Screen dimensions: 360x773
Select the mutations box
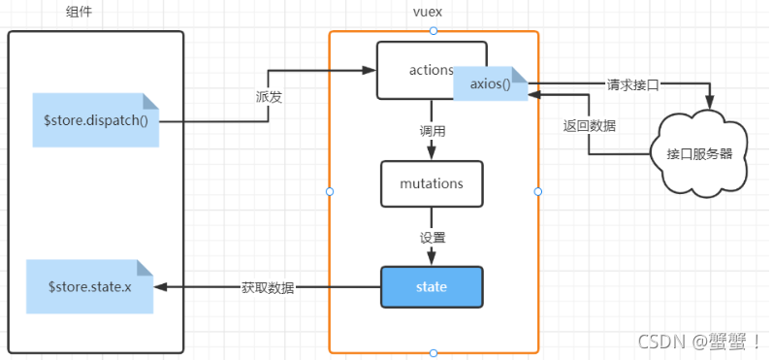[x=432, y=183]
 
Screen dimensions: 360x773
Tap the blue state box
[x=432, y=287]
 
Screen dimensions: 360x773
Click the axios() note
[x=491, y=84]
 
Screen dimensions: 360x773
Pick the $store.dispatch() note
[x=95, y=120]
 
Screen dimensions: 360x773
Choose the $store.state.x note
[x=89, y=287]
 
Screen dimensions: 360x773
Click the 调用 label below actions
[x=433, y=129]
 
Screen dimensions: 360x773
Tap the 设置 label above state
[x=433, y=236]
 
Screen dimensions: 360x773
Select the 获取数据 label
[x=268, y=288]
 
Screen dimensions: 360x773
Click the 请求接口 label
[x=632, y=84]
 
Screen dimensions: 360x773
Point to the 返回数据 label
[x=590, y=125]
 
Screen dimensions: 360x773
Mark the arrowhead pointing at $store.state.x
[x=161, y=288]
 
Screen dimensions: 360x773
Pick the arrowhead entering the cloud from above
[x=714, y=106]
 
